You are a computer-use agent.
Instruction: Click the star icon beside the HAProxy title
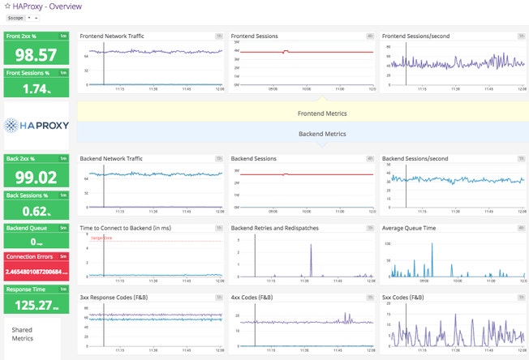pos(7,6)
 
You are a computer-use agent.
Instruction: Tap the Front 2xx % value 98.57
pos(36,54)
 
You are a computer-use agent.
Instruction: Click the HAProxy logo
pos(37,125)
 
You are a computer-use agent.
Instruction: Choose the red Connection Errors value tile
pos(36,265)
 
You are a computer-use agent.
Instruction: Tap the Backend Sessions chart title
pos(256,158)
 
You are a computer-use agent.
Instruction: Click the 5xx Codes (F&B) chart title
pos(405,298)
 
